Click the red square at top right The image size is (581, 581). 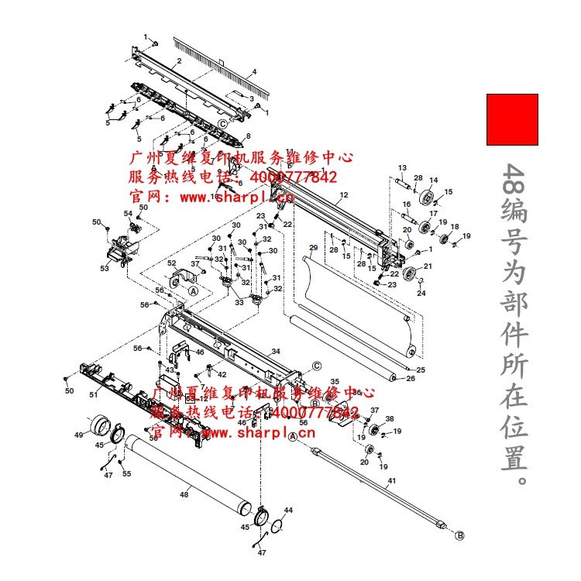click(x=511, y=119)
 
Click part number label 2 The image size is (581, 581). click(x=179, y=60)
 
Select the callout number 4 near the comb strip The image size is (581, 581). click(x=254, y=72)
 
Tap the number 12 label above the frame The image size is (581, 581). click(x=343, y=194)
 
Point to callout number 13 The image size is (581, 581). click(x=402, y=168)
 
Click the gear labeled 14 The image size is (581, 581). click(x=425, y=200)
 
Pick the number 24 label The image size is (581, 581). click(x=421, y=294)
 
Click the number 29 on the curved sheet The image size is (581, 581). click(x=313, y=249)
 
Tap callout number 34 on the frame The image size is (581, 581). click(x=275, y=352)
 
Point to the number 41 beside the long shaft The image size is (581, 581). click(x=391, y=481)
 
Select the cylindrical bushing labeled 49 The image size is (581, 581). click(x=99, y=425)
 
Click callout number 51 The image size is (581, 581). click(x=93, y=395)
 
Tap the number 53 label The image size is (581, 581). click(x=104, y=268)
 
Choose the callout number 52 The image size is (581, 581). click(x=172, y=263)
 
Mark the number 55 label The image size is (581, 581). click(x=127, y=473)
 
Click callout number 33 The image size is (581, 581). click(x=228, y=302)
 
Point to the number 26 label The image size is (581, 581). click(x=411, y=379)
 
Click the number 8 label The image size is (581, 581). click(x=249, y=136)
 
